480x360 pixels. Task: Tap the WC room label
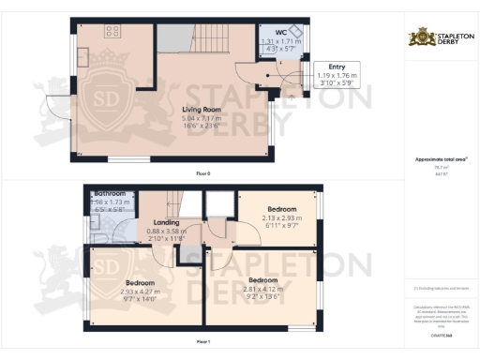click(x=281, y=33)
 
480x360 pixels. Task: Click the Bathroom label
click(x=111, y=194)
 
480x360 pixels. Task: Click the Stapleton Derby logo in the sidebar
click(x=439, y=37)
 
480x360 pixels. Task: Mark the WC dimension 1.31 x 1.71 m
click(x=281, y=43)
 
